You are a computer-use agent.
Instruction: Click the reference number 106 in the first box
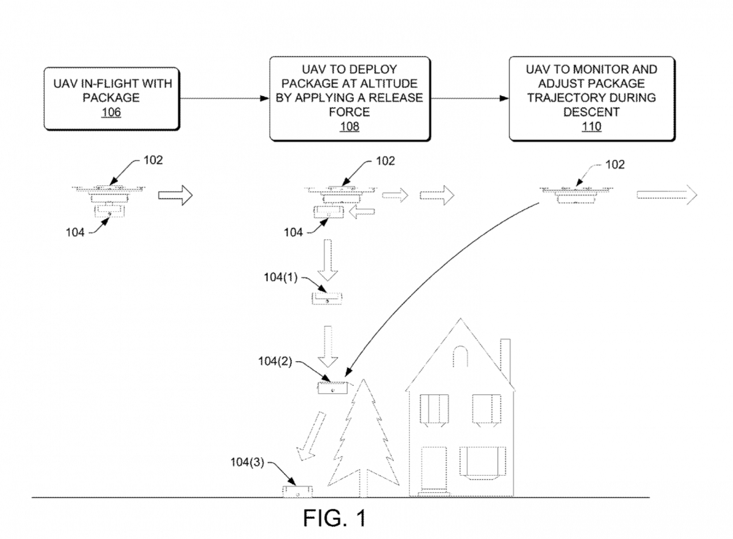tap(111, 112)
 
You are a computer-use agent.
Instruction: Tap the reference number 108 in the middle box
tap(349, 127)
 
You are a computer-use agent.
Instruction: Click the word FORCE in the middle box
tap(349, 113)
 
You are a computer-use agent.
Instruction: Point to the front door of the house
tap(434, 470)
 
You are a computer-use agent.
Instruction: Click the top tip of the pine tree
tap(365, 381)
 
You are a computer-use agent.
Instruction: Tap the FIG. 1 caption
tap(335, 518)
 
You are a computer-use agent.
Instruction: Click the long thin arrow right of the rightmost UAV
tap(666, 193)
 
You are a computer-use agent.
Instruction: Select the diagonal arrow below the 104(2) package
tap(311, 437)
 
